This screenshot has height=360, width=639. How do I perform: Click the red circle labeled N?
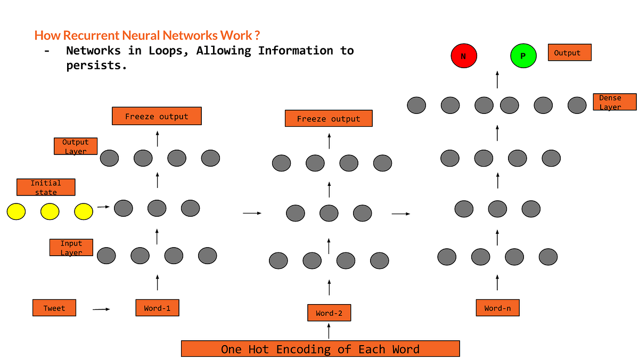click(464, 55)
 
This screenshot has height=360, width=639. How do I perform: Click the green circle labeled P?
click(524, 56)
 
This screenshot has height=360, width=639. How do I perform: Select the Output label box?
click(570, 52)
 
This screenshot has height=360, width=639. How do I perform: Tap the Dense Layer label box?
click(614, 102)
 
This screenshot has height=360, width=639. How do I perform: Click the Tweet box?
click(54, 308)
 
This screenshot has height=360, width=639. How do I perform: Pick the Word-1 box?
click(157, 308)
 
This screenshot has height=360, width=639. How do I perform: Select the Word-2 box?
click(329, 313)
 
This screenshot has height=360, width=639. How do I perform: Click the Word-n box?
click(497, 308)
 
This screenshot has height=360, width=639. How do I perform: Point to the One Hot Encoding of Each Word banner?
click(320, 349)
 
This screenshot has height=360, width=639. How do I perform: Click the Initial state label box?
click(46, 187)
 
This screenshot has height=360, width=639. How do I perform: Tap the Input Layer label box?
click(71, 248)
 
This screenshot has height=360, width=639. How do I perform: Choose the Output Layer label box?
click(75, 146)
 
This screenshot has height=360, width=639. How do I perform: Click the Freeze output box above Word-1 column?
click(157, 116)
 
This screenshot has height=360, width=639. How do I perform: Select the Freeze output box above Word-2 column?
click(329, 118)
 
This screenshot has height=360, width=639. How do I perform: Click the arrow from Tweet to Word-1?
click(101, 309)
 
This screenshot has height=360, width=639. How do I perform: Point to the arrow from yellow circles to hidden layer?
click(104, 207)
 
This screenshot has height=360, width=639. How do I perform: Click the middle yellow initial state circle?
click(50, 211)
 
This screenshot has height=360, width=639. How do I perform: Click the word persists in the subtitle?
click(96, 67)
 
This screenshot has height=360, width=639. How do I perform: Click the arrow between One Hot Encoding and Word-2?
click(329, 331)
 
